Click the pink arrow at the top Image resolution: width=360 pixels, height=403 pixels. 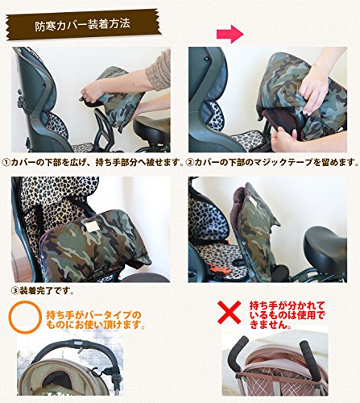(230, 34)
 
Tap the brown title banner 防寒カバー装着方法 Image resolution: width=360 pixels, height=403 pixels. (83, 24)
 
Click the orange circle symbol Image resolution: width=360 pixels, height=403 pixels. (26, 318)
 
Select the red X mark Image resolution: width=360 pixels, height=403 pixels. (229, 312)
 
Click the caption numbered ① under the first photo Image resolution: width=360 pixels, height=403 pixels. (93, 163)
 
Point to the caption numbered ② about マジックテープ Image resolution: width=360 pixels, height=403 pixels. (272, 163)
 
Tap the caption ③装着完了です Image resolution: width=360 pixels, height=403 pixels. (43, 291)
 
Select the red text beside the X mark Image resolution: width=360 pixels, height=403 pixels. (288, 315)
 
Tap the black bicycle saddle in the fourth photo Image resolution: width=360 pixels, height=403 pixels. (325, 247)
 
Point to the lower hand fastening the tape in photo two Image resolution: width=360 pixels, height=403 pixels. (285, 139)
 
